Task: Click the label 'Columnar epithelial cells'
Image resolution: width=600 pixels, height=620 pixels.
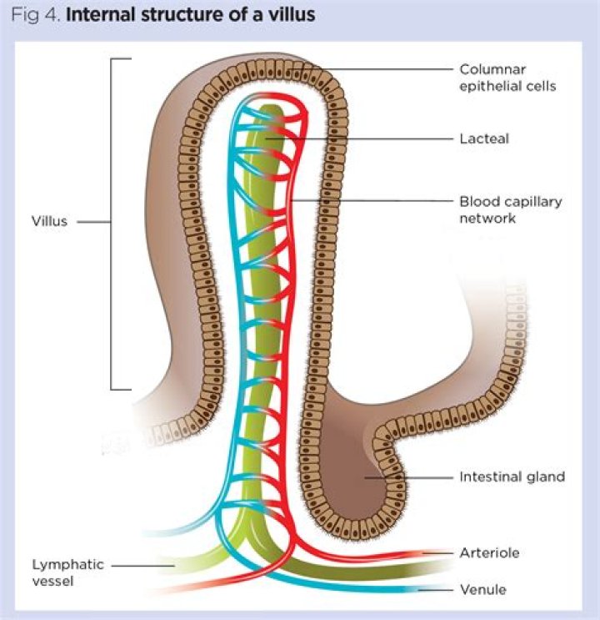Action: pos(507,77)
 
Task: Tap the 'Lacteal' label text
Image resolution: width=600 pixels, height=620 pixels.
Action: pos(483,139)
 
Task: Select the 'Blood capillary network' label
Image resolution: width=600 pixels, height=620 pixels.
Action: pos(511,209)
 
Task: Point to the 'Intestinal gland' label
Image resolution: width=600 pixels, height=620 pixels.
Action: pos(512,477)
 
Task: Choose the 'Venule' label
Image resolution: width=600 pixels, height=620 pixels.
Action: pos(482,590)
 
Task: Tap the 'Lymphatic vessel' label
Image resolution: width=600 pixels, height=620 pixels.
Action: pos(67,572)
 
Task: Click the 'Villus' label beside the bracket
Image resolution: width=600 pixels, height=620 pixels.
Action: pos(50,222)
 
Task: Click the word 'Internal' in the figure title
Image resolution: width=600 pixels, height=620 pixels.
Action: pos(102,15)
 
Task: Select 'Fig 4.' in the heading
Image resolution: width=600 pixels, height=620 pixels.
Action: pos(37,15)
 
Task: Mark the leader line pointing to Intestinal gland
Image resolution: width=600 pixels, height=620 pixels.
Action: pos(417,477)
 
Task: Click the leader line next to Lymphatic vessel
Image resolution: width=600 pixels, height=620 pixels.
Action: pos(142,566)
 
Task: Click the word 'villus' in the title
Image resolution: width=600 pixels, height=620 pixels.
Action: pos(292,15)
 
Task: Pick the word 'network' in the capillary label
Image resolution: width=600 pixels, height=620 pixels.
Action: pos(488,219)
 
